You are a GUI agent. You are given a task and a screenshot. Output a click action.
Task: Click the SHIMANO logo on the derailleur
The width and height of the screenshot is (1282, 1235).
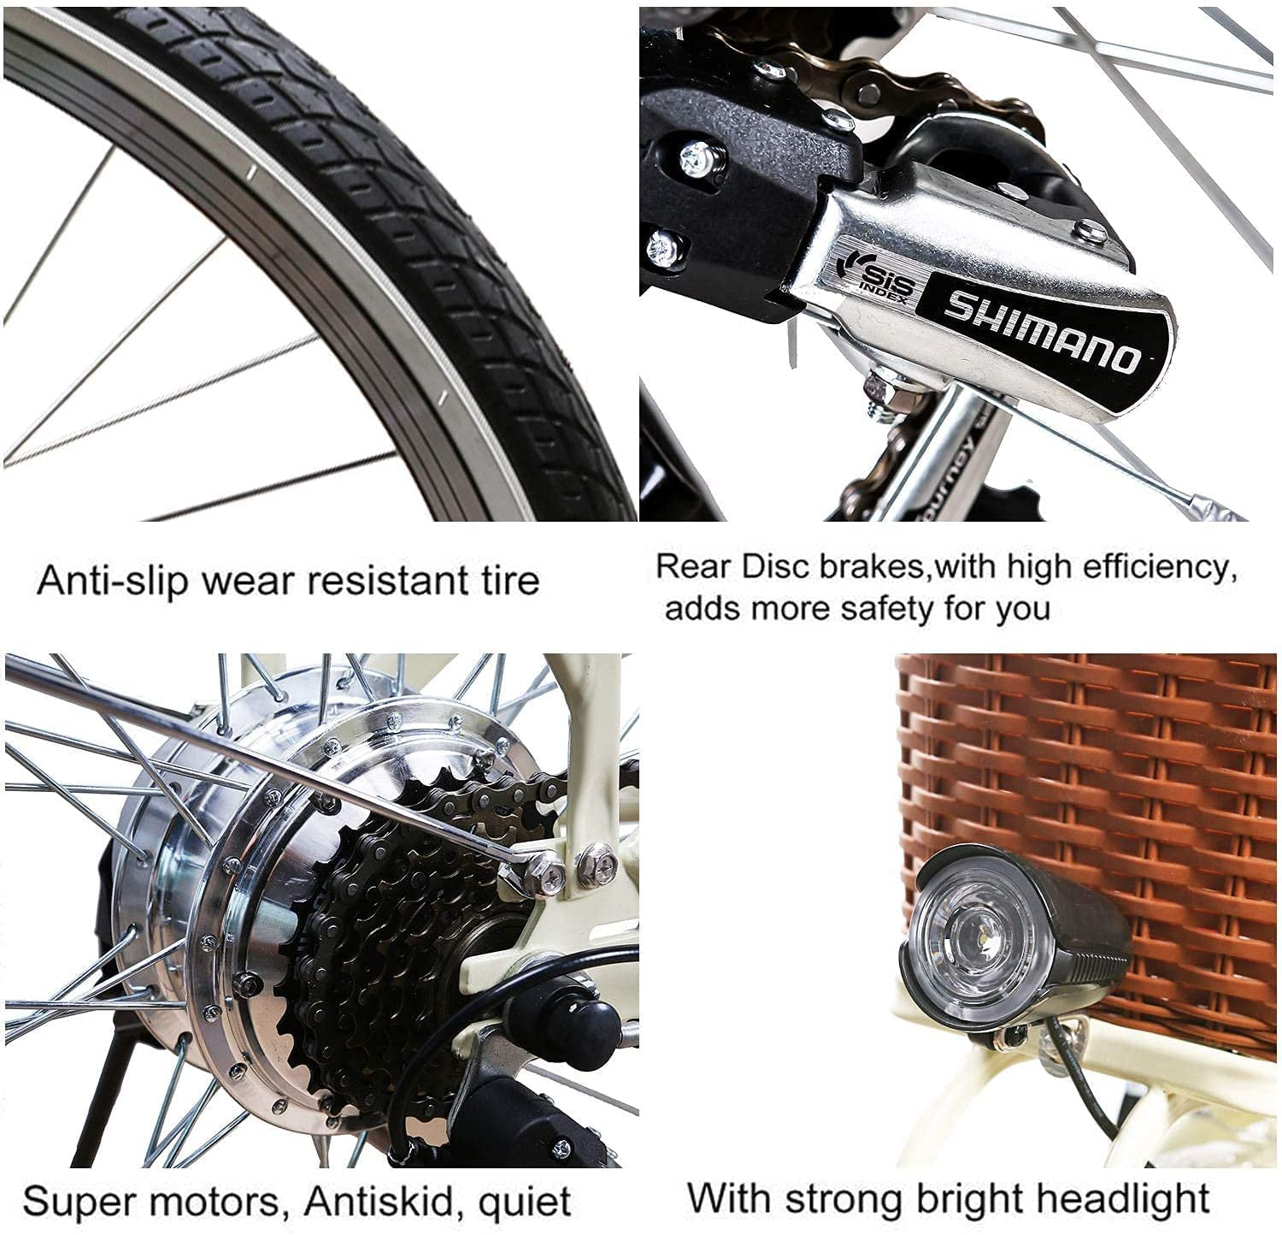(x=1044, y=332)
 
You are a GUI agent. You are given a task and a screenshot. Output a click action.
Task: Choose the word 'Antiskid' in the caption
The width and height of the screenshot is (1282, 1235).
(x=378, y=1200)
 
